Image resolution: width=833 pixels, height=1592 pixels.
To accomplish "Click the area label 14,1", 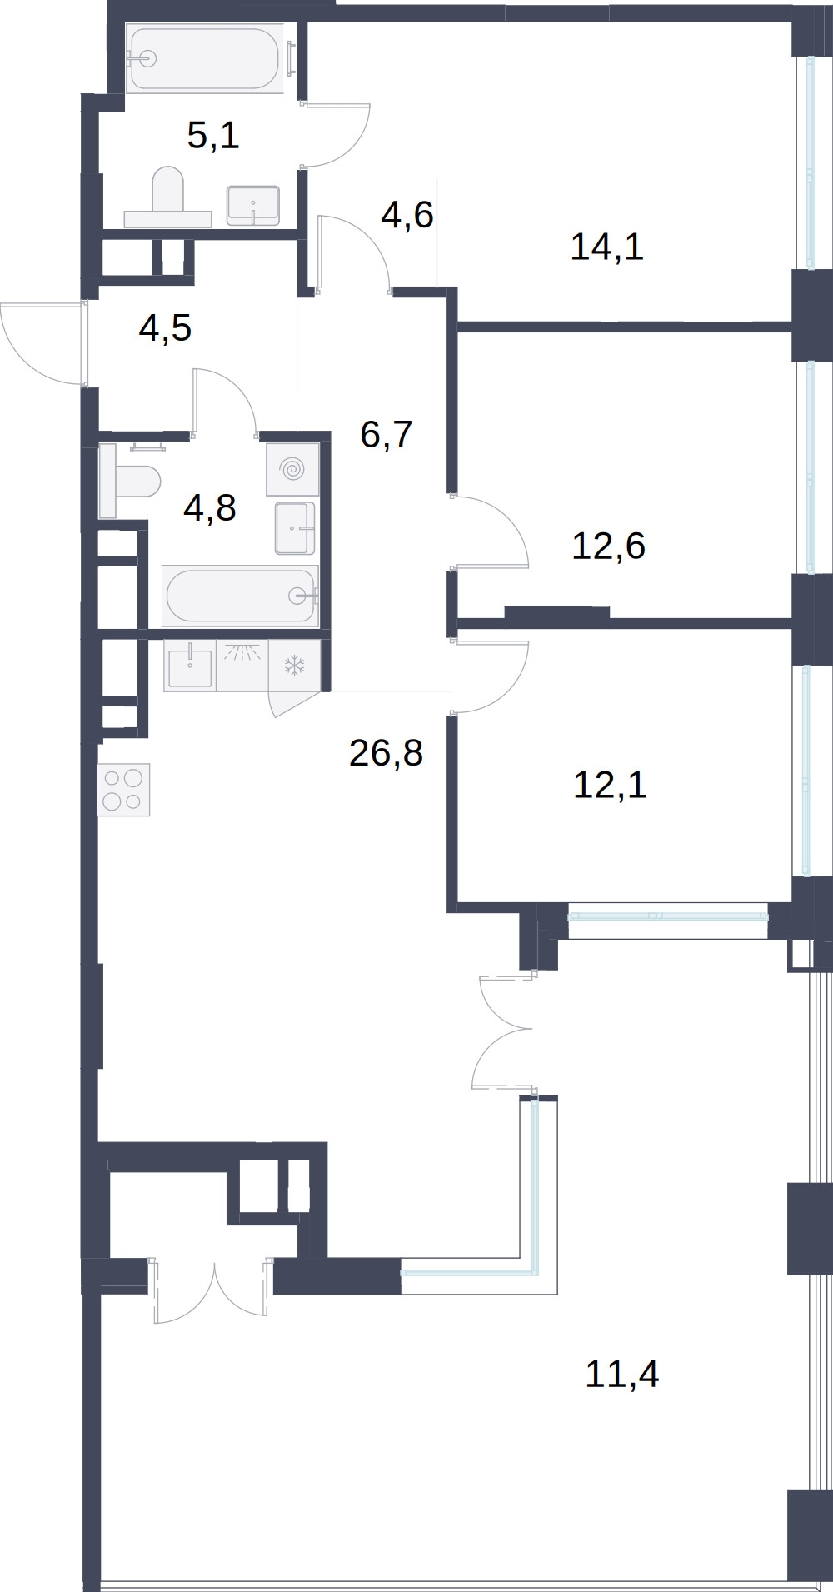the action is click(607, 247).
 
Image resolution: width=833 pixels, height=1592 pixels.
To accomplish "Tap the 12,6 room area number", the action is click(608, 546).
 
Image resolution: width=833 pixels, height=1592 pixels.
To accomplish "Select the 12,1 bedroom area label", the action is click(610, 785).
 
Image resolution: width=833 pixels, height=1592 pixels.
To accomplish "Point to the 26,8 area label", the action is click(386, 753).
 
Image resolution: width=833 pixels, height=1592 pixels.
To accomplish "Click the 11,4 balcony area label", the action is click(621, 1374).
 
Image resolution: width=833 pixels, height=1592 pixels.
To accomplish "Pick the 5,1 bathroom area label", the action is click(213, 135).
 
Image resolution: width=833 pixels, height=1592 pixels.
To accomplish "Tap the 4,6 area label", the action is click(407, 215).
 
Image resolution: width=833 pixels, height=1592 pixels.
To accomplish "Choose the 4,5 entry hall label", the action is click(165, 328).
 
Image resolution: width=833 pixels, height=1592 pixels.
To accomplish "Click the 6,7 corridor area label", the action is click(387, 435).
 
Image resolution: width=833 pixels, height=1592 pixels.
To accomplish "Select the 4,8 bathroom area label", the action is click(210, 507).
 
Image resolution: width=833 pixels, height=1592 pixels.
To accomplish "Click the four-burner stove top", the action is click(123, 790).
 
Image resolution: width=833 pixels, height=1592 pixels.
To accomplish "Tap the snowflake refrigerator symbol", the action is click(295, 666).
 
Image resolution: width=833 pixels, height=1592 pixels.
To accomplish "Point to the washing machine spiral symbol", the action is click(292, 470).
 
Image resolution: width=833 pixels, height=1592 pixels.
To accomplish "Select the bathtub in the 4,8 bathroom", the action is click(241, 596).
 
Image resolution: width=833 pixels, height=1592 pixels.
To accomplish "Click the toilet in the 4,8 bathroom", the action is click(129, 481).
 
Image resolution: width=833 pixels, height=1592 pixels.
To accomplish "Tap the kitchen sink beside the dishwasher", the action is click(190, 666).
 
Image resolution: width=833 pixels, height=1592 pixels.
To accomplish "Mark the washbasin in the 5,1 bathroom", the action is click(252, 205).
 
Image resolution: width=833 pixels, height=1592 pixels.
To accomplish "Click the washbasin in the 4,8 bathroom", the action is click(295, 528).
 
